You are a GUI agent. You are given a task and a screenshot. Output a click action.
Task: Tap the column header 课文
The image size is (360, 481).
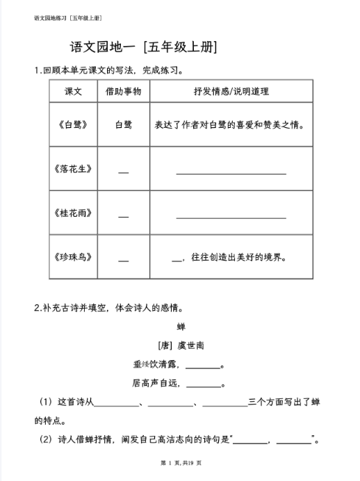coord(73,92)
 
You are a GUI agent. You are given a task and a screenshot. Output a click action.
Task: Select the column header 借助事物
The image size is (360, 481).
coord(123,92)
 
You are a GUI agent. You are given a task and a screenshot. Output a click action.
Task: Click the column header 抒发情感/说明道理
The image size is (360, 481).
coord(231,92)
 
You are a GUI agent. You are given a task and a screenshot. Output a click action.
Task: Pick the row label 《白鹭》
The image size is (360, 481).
coord(73,125)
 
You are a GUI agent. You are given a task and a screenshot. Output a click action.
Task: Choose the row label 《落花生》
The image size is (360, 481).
coord(73,169)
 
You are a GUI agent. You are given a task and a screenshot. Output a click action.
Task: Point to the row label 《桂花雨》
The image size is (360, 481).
coord(73,213)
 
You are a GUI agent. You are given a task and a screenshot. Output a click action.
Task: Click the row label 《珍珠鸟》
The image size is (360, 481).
coord(73,256)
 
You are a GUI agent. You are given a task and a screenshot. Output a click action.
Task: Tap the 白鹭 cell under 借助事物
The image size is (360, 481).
coord(123,125)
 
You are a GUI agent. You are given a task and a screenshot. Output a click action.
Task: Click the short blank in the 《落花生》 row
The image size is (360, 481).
coord(123,172)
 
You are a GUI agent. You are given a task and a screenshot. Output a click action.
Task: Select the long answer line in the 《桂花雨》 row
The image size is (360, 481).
coord(231,216)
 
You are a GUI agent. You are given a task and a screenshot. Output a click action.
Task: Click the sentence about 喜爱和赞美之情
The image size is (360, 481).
coord(231,125)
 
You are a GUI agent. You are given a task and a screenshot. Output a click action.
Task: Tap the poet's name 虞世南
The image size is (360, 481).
coord(190,345)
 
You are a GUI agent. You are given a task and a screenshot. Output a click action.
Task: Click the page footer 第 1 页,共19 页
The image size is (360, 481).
coord(180,463)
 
